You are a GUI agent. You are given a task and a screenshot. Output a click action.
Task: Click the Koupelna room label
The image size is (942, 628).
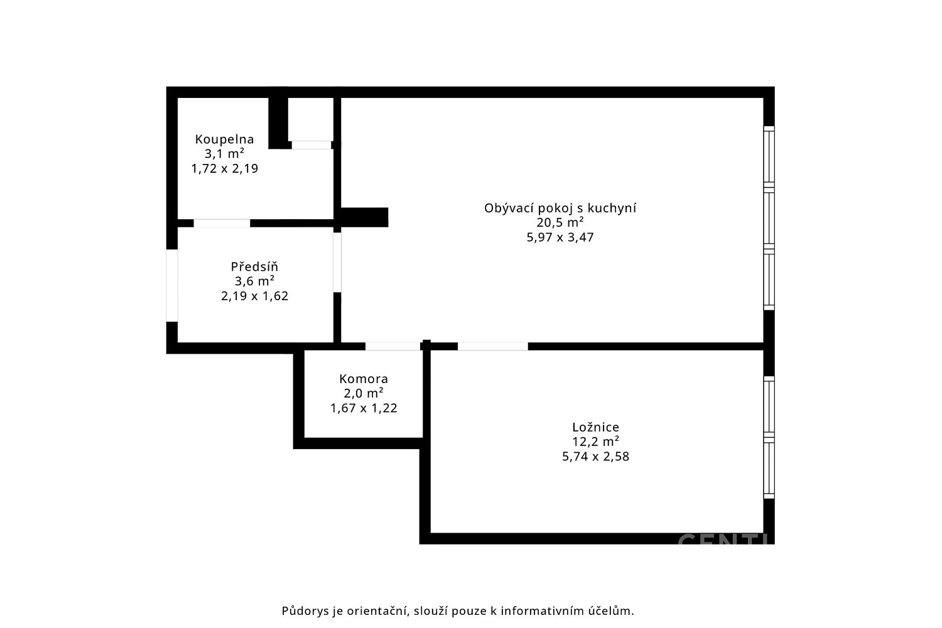click(225, 139)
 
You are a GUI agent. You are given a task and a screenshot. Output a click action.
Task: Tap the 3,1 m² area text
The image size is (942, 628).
click(225, 153)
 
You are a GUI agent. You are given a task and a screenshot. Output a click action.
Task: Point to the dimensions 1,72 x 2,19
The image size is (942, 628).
click(225, 169)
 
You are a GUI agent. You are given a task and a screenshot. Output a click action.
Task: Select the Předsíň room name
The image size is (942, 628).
click(254, 266)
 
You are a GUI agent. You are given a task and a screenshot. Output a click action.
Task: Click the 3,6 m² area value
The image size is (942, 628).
click(254, 281)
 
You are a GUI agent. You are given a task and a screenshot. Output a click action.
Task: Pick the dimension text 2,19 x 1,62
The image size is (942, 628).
click(254, 296)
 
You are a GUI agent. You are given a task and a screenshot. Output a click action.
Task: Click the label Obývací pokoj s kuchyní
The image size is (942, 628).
click(560, 208)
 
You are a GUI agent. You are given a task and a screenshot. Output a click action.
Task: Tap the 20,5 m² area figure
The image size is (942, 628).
click(560, 222)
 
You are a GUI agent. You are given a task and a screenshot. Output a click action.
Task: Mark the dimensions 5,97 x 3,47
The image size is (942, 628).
click(560, 237)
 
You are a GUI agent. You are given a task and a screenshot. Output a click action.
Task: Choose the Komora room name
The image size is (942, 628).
click(364, 379)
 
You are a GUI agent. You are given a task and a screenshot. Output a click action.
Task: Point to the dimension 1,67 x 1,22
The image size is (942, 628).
click(364, 408)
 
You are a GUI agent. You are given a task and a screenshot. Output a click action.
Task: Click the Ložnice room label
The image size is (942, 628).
click(595, 428)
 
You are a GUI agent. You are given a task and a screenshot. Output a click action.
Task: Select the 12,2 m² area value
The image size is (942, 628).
click(595, 441)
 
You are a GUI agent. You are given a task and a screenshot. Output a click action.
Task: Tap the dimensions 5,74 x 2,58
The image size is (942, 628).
click(595, 457)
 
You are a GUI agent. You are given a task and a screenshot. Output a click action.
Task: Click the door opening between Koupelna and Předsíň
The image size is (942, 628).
click(222, 223)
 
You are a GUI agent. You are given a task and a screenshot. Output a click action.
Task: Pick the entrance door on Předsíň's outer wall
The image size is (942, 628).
click(172, 286)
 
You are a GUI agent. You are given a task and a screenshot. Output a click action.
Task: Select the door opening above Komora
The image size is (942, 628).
click(392, 346)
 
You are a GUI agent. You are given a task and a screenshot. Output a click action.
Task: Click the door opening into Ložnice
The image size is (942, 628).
click(493, 346)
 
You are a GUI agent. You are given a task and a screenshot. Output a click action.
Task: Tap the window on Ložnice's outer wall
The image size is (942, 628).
click(769, 438)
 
